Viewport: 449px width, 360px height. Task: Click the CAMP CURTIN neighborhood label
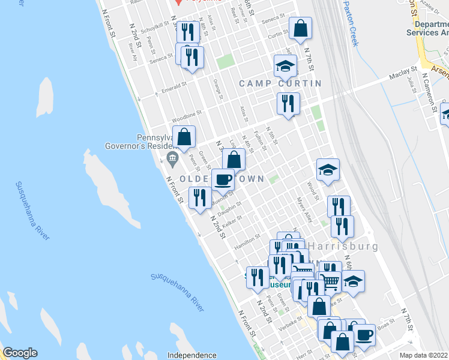[x=280, y=83]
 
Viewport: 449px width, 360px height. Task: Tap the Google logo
[x=20, y=353]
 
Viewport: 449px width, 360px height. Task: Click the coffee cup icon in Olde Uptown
[x=223, y=179]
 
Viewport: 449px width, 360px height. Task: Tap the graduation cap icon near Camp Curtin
[x=285, y=65]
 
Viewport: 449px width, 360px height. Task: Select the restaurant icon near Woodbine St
[x=288, y=104]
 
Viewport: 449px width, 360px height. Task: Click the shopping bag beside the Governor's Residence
[x=184, y=137]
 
